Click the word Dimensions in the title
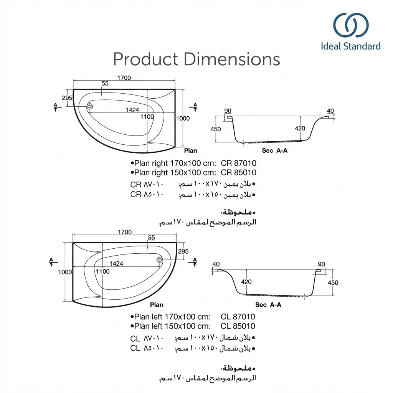click(232, 59)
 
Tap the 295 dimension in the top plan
click(67, 98)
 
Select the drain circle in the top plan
click(90, 107)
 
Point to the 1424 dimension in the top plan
click(132, 110)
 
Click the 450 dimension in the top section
click(216, 129)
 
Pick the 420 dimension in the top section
click(300, 129)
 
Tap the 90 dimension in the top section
click(228, 111)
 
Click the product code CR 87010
click(238, 163)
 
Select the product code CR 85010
click(238, 173)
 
